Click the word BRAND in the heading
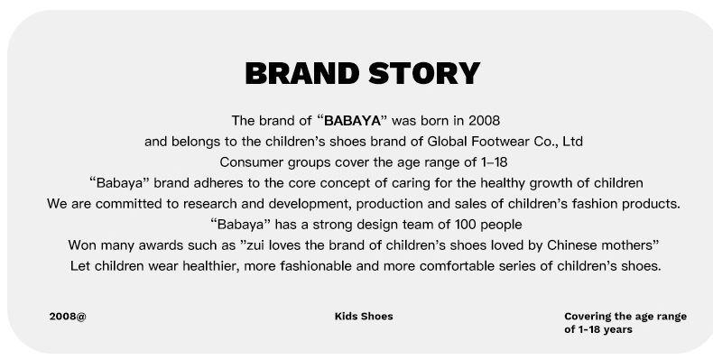pos(302,73)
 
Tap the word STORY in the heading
pos(424,73)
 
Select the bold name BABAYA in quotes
pos(352,121)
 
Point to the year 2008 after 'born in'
pos(485,121)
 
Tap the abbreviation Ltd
pos(572,142)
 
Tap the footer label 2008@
pos(68,317)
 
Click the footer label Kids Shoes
pos(364,317)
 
